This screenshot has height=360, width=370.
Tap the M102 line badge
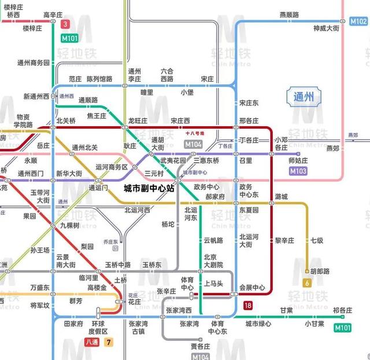point(358,21)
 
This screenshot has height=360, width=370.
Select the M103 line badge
point(298,171)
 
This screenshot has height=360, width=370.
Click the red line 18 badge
point(248,306)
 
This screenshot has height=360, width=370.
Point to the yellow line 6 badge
point(307,283)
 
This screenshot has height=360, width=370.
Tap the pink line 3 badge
point(65,24)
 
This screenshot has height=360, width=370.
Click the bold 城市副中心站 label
point(149,189)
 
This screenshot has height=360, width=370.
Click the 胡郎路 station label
point(320,271)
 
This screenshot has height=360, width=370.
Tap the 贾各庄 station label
point(200,346)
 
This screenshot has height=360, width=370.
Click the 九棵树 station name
point(69,226)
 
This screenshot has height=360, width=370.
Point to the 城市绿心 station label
point(258,324)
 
